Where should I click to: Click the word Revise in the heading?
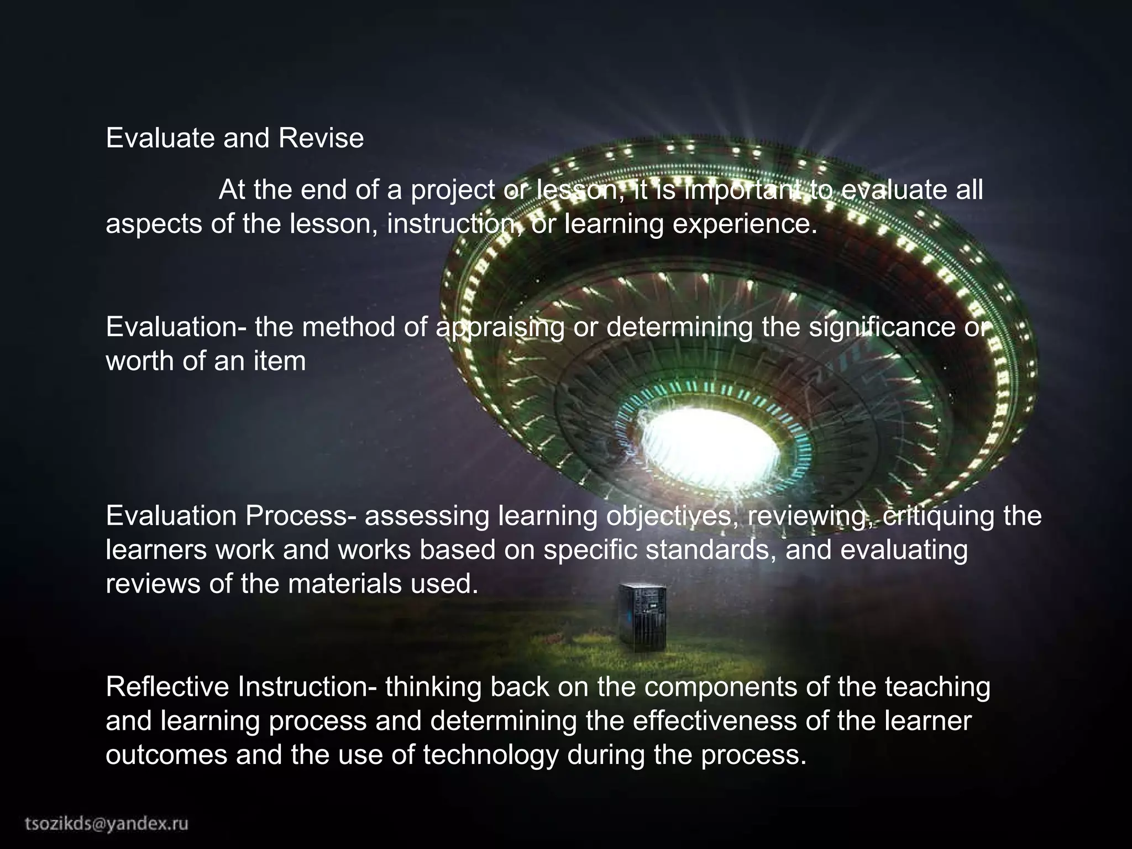pyautogui.click(x=321, y=138)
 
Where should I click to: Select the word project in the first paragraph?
pyautogui.click(x=453, y=191)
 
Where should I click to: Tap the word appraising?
pyautogui.click(x=500, y=328)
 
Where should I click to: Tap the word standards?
pyautogui.click(x=710, y=551)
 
